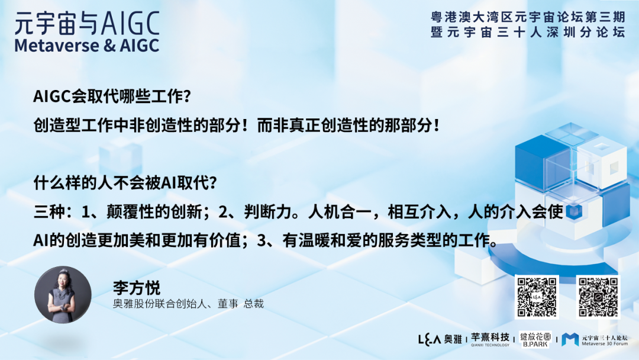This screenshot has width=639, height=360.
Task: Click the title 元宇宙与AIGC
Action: pyautogui.click(x=87, y=23)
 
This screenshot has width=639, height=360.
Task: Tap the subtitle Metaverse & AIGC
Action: pyautogui.click(x=87, y=46)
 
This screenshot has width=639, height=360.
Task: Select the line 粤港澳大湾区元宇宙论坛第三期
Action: pyautogui.click(x=528, y=18)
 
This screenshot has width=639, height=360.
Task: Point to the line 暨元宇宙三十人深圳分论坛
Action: pyautogui.click(x=528, y=33)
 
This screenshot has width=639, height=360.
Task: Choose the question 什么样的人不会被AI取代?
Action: pyautogui.click(x=125, y=183)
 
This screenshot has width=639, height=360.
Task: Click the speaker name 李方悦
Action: pyautogui.click(x=137, y=287)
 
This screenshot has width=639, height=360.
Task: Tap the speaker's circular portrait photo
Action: pyautogui.click(x=63, y=294)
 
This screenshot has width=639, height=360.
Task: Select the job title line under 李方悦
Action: pyautogui.click(x=188, y=304)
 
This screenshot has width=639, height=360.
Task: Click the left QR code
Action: pyautogui.click(x=537, y=297)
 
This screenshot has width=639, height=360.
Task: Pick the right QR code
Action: pyautogui.click(x=598, y=297)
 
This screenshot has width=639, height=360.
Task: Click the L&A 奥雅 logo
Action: pyautogui.click(x=439, y=339)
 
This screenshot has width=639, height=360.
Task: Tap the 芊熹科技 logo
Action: pyautogui.click(x=490, y=339)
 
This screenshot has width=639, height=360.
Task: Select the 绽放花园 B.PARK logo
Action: pyautogui.click(x=535, y=339)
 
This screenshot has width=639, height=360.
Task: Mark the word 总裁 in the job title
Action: pyautogui.click(x=253, y=304)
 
